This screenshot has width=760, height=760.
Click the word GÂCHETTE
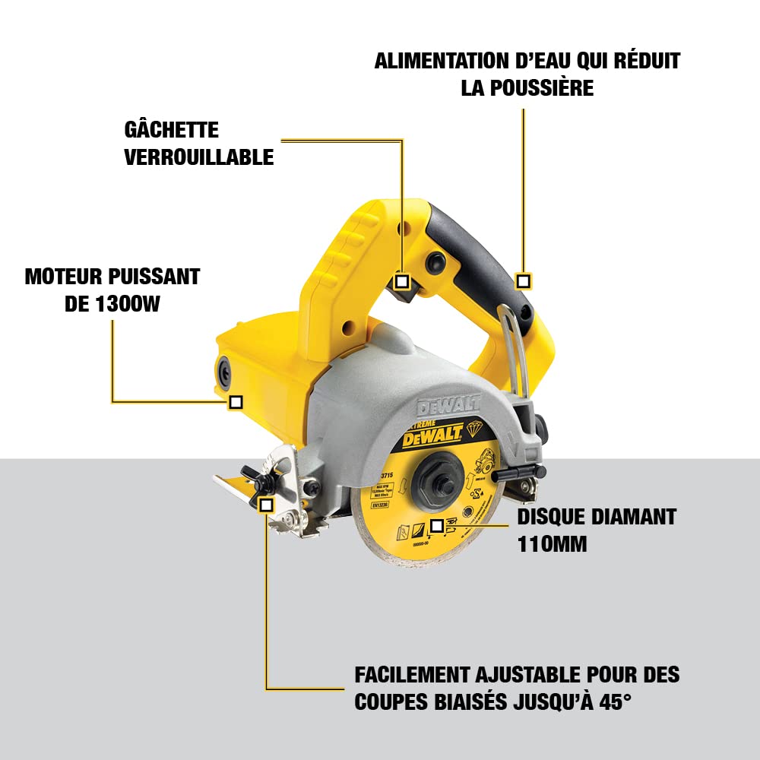[171, 129]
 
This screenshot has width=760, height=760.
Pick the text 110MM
[553, 544]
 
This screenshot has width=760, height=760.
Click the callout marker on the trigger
[403, 281]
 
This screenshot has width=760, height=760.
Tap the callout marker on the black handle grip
[523, 281]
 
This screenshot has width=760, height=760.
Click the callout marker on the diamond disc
[436, 525]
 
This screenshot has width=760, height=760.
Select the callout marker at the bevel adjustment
[266, 504]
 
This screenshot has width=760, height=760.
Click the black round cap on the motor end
[226, 370]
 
